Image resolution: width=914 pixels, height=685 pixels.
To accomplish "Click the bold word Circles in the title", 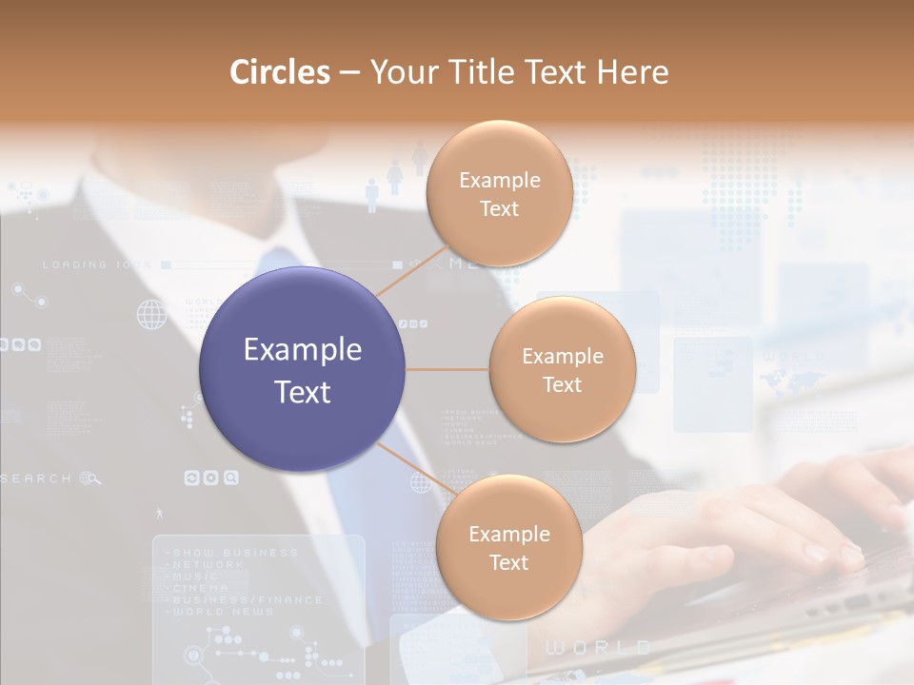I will pos(280,71).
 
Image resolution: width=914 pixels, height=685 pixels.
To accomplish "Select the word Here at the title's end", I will pos(632,71).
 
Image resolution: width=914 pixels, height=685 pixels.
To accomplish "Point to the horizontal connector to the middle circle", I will pos(447,369).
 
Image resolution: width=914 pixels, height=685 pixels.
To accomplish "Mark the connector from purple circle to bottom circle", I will pos(415,468).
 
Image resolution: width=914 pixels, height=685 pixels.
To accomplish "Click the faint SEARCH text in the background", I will pos(36,478).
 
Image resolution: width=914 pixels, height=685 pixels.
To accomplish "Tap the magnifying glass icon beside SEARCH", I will pos(91,478).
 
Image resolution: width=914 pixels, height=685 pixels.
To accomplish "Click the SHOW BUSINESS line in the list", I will pos(234,553).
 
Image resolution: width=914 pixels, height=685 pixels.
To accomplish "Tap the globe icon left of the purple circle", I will pos(151,314).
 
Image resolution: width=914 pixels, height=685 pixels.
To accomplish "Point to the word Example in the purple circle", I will pos(303,350).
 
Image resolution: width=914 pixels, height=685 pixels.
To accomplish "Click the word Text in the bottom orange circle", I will pos(508,562).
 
